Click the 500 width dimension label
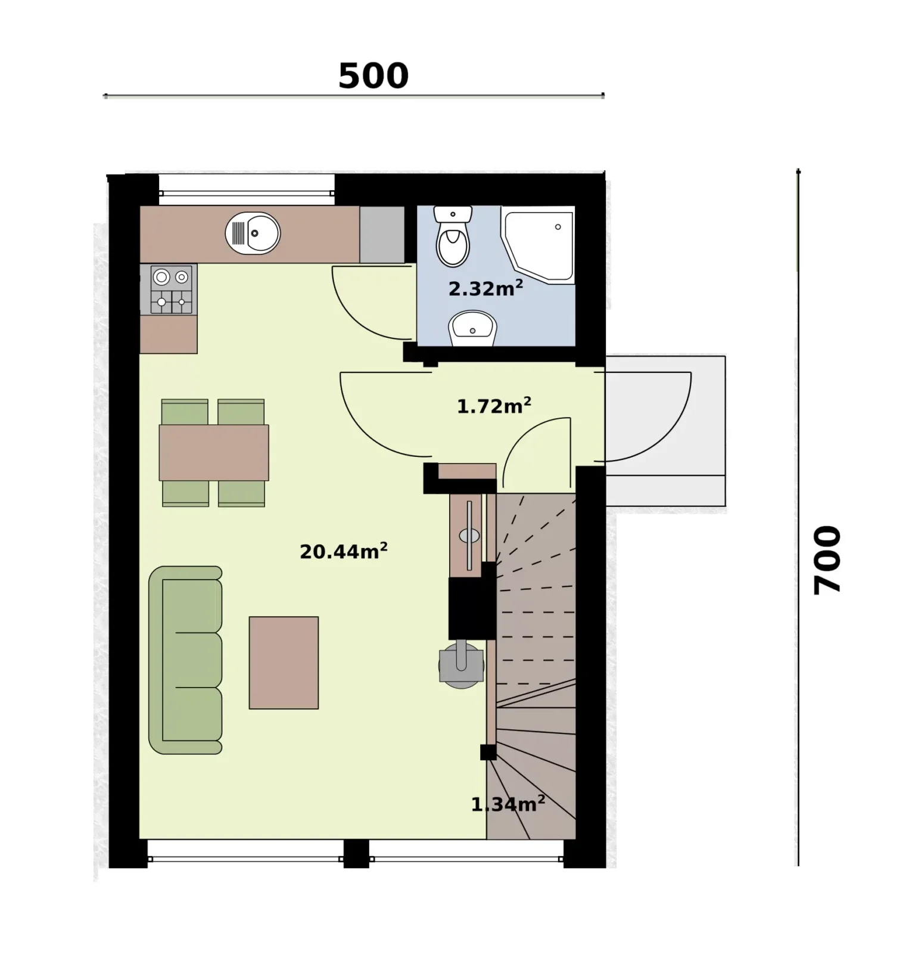click(374, 76)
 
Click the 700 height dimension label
click(827, 559)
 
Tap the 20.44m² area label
click(344, 551)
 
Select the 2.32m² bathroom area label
click(485, 288)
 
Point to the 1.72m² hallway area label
click(494, 406)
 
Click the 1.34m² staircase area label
click(508, 804)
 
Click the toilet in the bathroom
click(453, 236)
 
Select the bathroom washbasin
click(472, 328)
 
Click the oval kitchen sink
click(253, 234)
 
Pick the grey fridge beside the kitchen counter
click(382, 234)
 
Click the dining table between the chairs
click(214, 453)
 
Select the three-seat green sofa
click(185, 660)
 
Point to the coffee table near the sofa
click(284, 663)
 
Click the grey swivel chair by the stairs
click(461, 665)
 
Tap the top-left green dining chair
click(185, 412)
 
